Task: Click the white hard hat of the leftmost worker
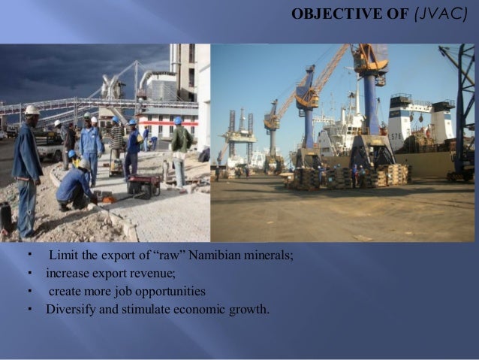click(x=32, y=110)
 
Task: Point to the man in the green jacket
click(x=180, y=147)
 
